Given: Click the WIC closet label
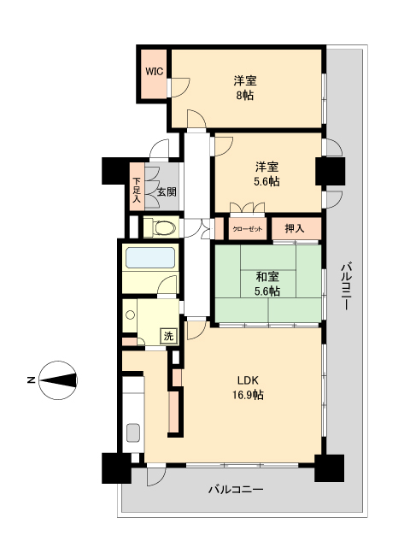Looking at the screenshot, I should point(154,72).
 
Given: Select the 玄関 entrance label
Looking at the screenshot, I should point(166,192).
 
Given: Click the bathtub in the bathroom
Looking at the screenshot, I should point(149,257).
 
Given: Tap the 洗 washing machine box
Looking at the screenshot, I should point(168,336).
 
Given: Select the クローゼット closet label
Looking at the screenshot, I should point(248,229).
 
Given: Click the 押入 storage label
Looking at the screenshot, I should point(295,228).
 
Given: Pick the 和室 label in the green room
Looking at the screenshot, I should point(267,276).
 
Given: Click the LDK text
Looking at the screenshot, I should point(248,380).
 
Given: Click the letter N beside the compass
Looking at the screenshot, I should point(30,378).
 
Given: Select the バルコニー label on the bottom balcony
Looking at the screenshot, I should point(235,491).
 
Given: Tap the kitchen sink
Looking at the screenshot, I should point(134,432).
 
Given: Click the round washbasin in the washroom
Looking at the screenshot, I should point(130,315).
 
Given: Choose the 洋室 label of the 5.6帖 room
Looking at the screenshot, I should point(266,166).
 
